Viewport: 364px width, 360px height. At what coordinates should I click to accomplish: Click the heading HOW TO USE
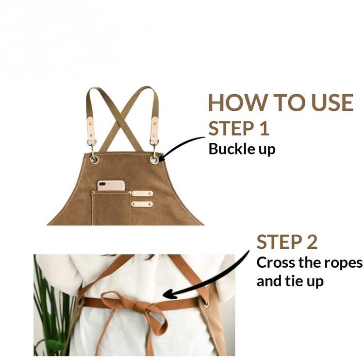click(281, 103)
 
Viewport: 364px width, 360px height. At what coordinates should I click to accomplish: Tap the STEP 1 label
click(239, 128)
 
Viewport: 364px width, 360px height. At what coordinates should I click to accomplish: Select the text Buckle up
click(242, 149)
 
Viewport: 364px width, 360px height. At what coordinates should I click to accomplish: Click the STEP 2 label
click(287, 242)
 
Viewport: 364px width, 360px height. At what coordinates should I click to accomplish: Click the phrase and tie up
click(290, 281)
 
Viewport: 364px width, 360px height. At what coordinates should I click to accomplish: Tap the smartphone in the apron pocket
click(111, 186)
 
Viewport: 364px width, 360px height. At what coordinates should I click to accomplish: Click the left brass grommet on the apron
click(94, 160)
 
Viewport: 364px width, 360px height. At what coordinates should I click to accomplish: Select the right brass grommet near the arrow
click(154, 160)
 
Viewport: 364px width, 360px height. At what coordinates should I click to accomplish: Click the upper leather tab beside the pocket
click(142, 193)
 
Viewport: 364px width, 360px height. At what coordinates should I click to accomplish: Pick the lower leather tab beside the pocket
click(142, 204)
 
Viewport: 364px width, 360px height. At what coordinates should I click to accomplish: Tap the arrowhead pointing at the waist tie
click(169, 294)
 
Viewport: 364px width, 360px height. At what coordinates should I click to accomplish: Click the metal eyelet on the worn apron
click(206, 303)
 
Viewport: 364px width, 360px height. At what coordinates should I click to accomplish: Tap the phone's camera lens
click(102, 184)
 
